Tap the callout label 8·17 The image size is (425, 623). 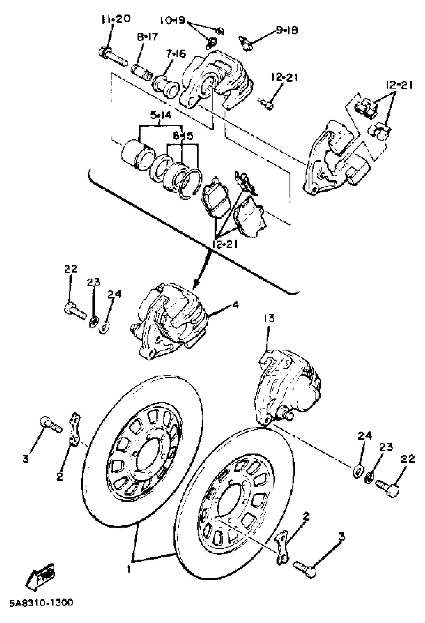click(147, 37)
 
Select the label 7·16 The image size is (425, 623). click(176, 54)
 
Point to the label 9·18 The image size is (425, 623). click(287, 30)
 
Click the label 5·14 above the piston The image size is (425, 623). click(160, 116)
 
